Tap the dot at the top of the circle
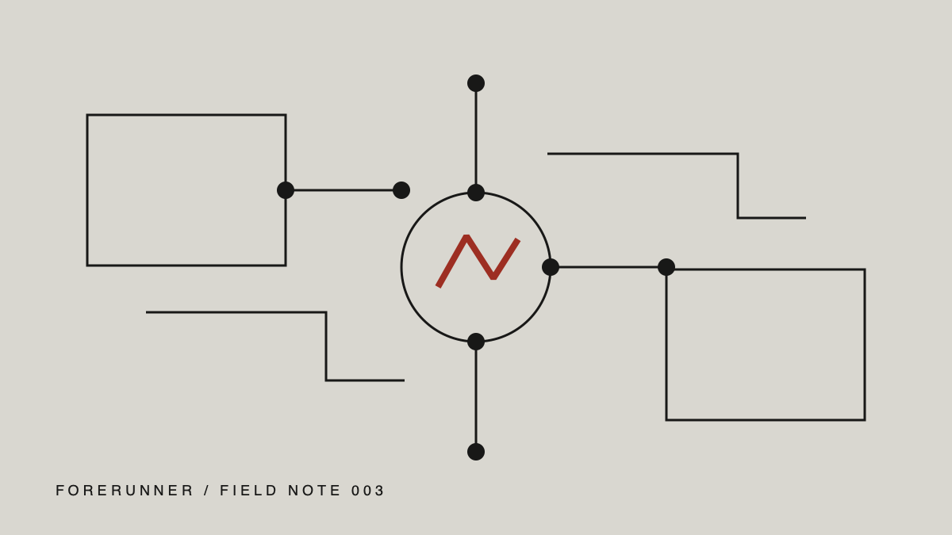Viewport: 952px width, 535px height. (476, 193)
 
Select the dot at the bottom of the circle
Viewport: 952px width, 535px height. (476, 342)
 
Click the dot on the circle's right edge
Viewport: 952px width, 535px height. (551, 267)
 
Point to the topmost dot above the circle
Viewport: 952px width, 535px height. (476, 83)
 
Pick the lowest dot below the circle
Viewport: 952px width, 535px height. (476, 452)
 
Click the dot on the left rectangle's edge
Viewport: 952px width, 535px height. (286, 190)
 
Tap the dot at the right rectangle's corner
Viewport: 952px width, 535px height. (666, 267)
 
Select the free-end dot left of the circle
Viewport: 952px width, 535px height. (401, 190)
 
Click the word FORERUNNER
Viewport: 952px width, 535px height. (125, 491)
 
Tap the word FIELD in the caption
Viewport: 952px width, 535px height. (248, 491)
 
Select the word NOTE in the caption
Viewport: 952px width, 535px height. (314, 491)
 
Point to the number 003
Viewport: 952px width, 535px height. (367, 491)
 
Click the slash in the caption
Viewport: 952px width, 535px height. (207, 491)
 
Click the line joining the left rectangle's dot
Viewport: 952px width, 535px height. (344, 190)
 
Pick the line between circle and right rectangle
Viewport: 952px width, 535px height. (608, 267)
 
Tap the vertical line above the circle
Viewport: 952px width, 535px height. (476, 138)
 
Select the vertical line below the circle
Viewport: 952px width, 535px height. (476, 397)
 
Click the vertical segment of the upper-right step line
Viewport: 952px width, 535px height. (738, 186)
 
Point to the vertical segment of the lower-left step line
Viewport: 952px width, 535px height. (326, 346)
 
